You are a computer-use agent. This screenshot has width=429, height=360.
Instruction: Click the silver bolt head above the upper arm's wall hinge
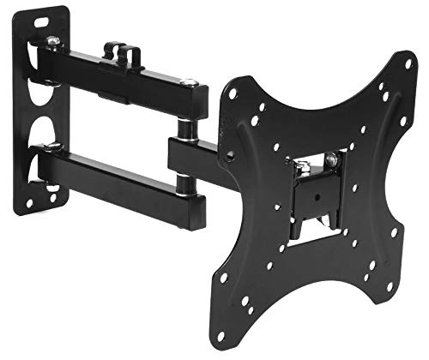click(53, 40)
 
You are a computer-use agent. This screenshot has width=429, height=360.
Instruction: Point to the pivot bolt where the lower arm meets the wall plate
click(52, 152)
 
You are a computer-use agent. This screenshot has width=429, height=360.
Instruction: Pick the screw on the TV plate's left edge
click(230, 156)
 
